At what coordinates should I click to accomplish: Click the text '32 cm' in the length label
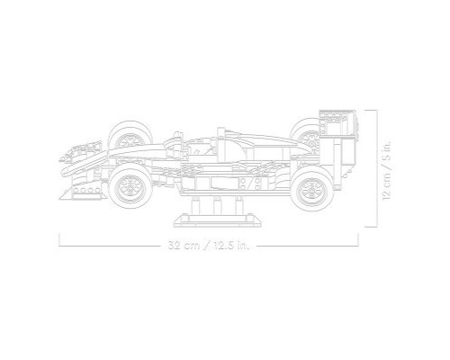pos(184,245)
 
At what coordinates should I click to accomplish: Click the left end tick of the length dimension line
pos(58,240)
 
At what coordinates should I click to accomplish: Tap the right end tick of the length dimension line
pos(360,240)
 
